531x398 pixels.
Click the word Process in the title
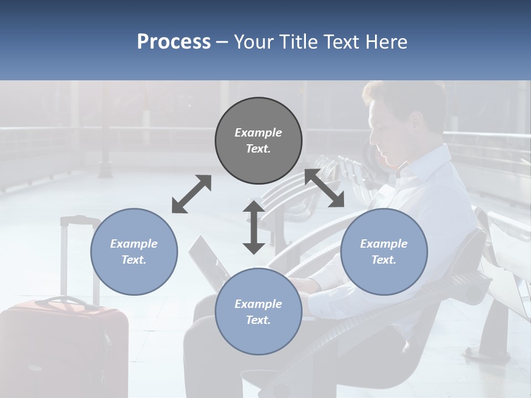point(174,42)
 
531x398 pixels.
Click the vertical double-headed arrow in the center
point(254,227)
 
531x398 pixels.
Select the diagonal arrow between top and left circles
point(191,194)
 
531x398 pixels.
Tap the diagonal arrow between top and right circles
point(325,188)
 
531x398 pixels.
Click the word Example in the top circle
point(258,133)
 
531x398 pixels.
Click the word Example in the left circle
point(134,244)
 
